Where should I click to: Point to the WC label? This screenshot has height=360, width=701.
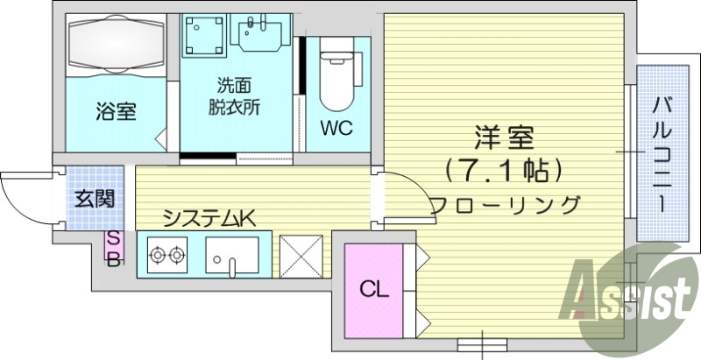click(x=335, y=129)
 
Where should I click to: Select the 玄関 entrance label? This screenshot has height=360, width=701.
click(x=92, y=198)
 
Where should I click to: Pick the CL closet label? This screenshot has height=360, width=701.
click(x=373, y=288)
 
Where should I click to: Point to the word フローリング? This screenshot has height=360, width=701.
click(x=505, y=205)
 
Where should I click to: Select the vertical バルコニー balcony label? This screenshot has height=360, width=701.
click(x=663, y=152)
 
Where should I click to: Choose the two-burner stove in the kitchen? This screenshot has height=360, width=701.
click(x=167, y=256)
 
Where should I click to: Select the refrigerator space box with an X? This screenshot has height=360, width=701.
click(x=302, y=256)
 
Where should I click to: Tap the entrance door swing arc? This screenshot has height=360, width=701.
click(x=19, y=194)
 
